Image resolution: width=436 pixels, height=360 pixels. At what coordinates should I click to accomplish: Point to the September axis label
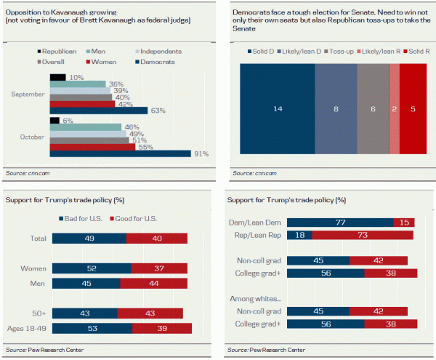[x=29, y=94]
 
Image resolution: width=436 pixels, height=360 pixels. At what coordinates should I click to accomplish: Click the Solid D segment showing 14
[x=278, y=108]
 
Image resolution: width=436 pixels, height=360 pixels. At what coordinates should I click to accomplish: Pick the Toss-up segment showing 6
[x=373, y=108]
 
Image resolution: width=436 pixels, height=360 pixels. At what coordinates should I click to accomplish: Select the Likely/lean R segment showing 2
[x=395, y=108]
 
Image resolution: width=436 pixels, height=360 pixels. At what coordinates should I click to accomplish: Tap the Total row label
[x=37, y=239]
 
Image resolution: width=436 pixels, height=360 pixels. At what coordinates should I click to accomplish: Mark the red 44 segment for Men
[x=156, y=283]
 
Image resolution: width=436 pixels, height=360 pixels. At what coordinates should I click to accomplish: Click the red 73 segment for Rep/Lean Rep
[x=362, y=236]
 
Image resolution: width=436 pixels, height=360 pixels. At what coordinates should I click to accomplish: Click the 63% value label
[x=158, y=111]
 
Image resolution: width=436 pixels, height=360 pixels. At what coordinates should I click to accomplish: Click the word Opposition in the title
[x=25, y=10]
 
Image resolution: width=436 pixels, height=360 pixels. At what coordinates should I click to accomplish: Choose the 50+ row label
[x=38, y=313]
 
